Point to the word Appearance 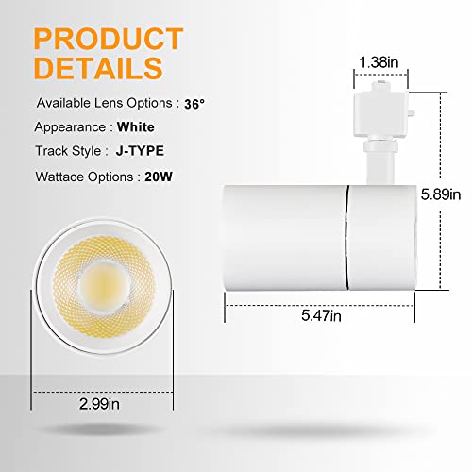click(x=71, y=126)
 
